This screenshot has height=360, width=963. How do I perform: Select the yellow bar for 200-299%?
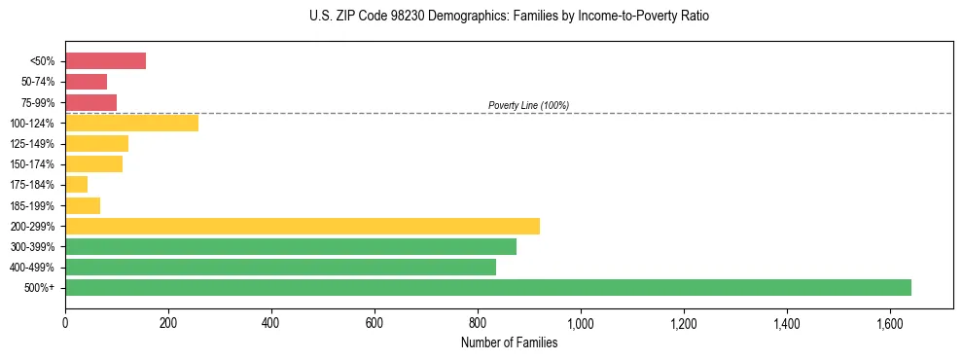coord(303,226)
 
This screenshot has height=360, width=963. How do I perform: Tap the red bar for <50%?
coord(105,61)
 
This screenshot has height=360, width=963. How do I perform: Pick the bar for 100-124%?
coord(131,123)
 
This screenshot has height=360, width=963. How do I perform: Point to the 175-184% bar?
coord(76,184)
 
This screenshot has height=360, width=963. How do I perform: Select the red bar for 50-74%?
coord(86,82)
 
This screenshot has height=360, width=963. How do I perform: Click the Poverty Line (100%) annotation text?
coord(528,105)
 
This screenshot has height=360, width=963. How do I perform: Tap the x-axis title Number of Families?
coord(509,342)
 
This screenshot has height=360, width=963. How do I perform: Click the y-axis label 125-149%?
coord(35,144)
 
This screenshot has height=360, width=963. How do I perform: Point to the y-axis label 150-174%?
coord(35,164)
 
